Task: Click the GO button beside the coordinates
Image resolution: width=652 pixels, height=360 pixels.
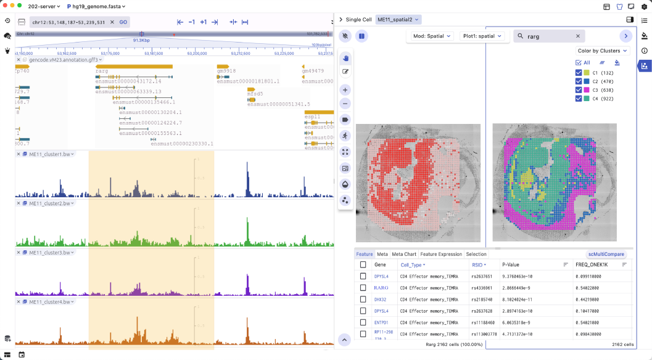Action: pyautogui.click(x=123, y=22)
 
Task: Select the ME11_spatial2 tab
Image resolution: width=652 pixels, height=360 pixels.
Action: pyautogui.click(x=398, y=19)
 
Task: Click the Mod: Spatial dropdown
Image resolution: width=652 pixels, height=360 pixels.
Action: pyautogui.click(x=432, y=36)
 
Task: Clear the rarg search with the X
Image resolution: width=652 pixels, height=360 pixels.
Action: pyautogui.click(x=577, y=36)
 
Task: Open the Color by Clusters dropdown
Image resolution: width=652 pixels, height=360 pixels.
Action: pyautogui.click(x=603, y=51)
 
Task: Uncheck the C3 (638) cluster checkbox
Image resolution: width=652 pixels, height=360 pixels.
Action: pyautogui.click(x=579, y=90)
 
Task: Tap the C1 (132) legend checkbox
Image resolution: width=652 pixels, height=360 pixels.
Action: pyautogui.click(x=579, y=73)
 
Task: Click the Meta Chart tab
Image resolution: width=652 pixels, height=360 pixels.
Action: pyautogui.click(x=404, y=254)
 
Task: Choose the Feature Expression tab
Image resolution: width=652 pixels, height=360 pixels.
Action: pyautogui.click(x=441, y=254)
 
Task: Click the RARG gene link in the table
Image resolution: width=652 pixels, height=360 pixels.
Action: pyautogui.click(x=381, y=288)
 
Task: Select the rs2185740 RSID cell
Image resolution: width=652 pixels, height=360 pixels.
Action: pyautogui.click(x=481, y=300)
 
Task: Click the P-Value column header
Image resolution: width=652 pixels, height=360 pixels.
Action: pyautogui.click(x=512, y=264)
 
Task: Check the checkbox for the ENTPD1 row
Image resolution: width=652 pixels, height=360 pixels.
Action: pyautogui.click(x=363, y=322)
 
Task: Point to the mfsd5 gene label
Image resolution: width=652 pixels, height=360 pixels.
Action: pyautogui.click(x=255, y=94)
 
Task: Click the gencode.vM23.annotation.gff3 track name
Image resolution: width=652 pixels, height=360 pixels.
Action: pyautogui.click(x=60, y=60)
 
